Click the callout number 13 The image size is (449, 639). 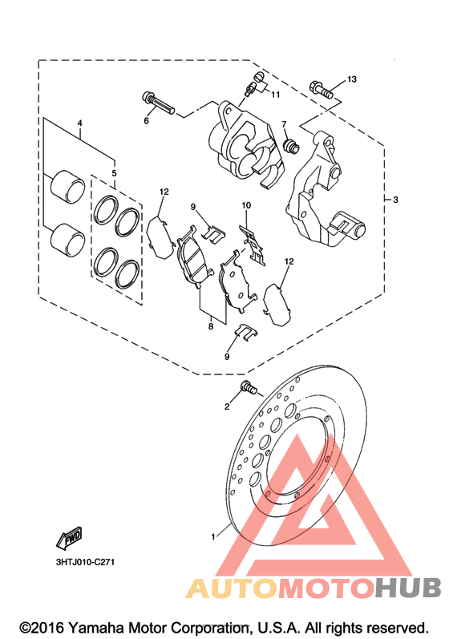(352, 79)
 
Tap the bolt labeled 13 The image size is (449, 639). (322, 90)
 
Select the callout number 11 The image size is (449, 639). (276, 95)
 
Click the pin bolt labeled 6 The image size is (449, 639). (158, 103)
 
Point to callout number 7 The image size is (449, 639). (284, 124)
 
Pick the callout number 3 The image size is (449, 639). (395, 200)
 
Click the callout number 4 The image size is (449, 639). (80, 123)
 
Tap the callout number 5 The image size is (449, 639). (114, 173)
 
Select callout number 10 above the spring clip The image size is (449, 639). (246, 205)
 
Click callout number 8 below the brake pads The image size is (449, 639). (211, 326)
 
